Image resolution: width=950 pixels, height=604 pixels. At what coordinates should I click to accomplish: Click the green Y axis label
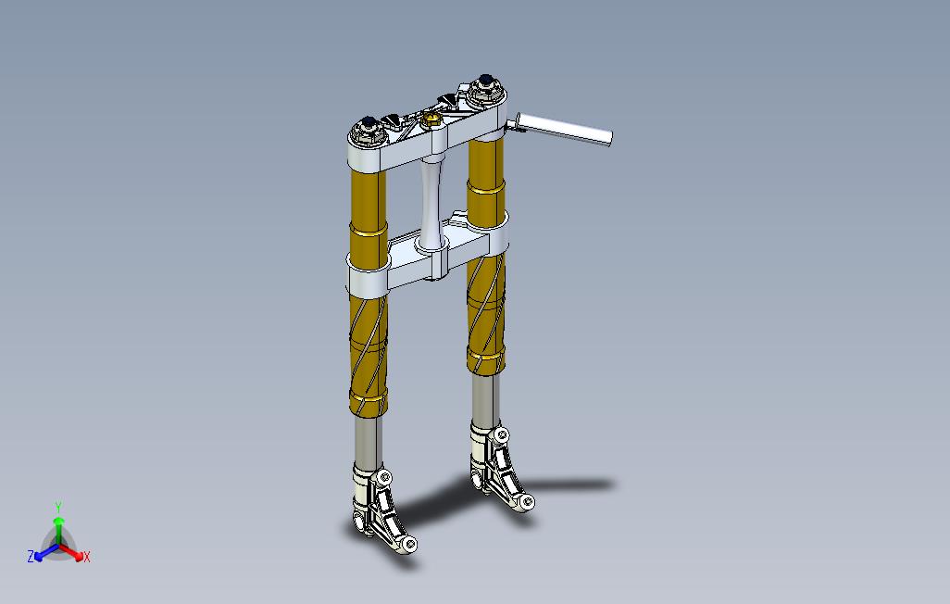point(57,508)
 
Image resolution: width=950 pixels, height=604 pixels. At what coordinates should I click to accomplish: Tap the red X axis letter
point(86,557)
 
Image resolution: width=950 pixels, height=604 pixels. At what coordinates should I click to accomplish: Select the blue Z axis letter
point(31,557)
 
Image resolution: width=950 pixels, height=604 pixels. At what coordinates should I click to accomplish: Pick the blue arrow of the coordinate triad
point(44,552)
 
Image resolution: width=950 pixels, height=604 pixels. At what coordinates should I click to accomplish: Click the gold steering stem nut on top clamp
point(431,118)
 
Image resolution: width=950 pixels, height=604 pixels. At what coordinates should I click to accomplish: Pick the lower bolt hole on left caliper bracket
point(407,545)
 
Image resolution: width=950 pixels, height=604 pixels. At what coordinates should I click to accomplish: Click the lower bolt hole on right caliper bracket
point(527,502)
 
